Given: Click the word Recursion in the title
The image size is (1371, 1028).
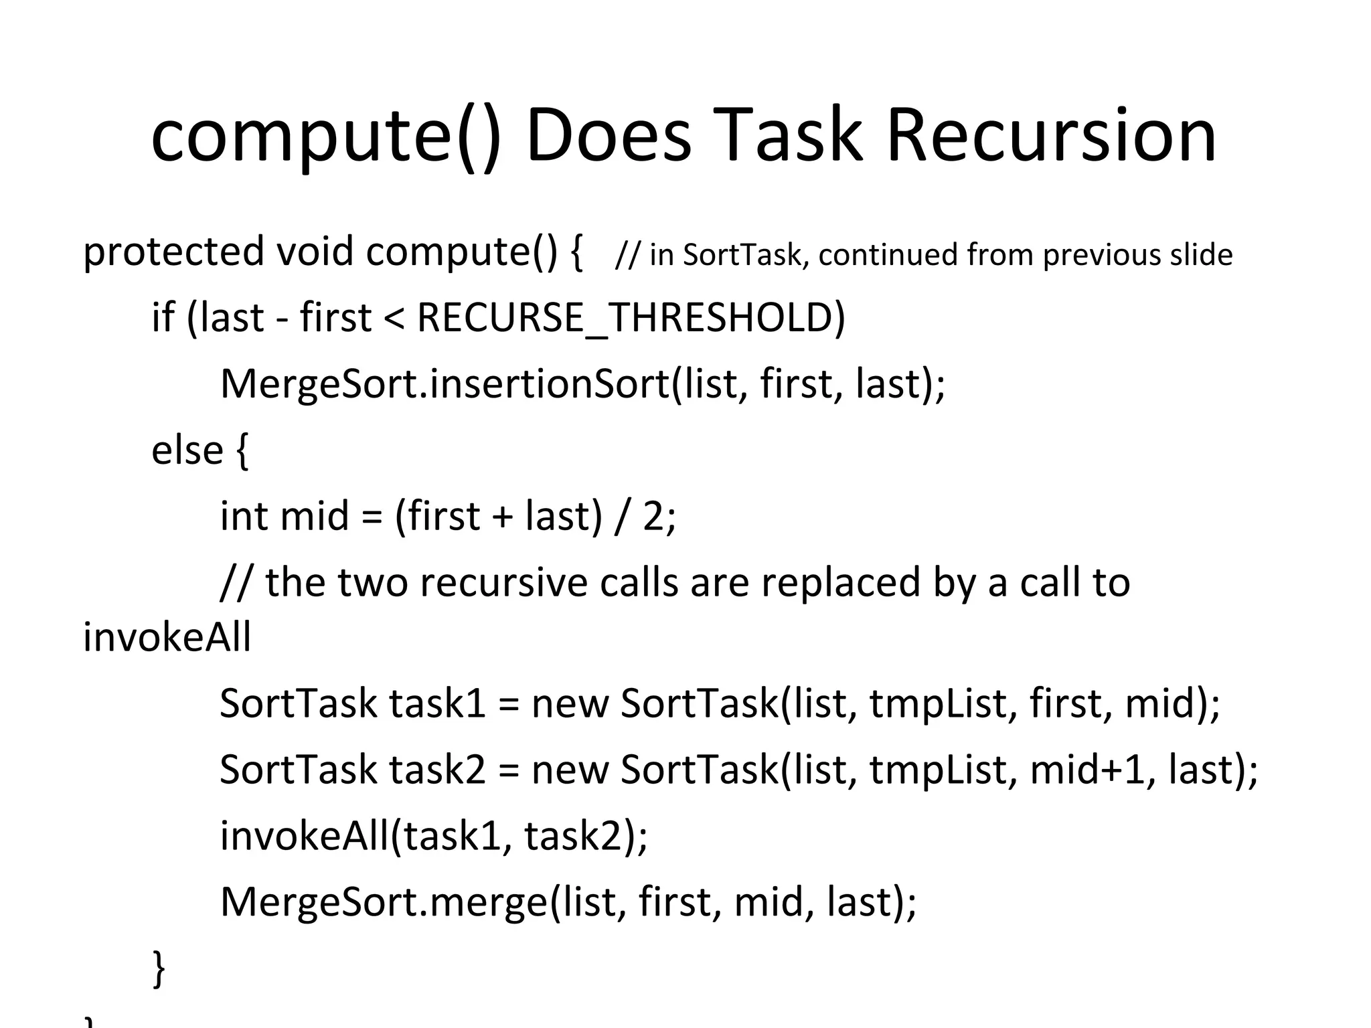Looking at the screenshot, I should [1051, 137].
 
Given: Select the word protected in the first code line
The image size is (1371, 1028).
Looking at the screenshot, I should [173, 253].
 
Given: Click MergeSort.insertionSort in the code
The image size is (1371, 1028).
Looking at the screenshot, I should [445, 384].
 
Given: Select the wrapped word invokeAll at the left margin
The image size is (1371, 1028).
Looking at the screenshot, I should [167, 636].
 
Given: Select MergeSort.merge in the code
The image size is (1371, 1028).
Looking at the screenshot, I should [384, 902].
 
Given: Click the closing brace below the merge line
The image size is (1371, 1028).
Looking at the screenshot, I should [159, 968].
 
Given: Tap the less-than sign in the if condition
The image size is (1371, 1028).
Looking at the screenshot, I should [394, 319].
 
